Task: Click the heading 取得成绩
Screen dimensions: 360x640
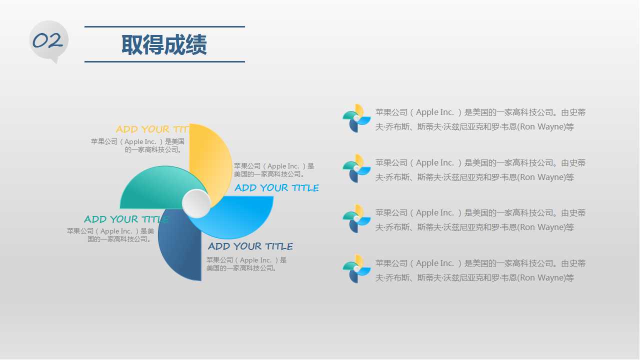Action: click(x=164, y=44)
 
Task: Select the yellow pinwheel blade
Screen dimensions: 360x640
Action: click(x=209, y=155)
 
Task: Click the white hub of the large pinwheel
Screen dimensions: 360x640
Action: click(x=196, y=203)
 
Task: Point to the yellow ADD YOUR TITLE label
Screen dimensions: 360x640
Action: click(x=152, y=129)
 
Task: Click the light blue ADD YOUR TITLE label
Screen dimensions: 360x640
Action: click(x=276, y=188)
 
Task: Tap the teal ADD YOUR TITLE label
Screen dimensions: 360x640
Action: click(x=126, y=219)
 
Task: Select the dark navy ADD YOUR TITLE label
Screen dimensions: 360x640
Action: click(x=250, y=246)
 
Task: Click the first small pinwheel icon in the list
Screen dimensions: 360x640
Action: click(x=356, y=118)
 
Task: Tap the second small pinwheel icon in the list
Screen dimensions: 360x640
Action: click(x=356, y=168)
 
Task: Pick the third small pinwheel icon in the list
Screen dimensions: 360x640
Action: click(x=356, y=218)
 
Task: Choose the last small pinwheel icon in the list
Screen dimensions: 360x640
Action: click(x=356, y=269)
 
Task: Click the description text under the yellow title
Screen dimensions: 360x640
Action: click(x=138, y=145)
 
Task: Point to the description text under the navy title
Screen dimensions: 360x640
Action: click(x=246, y=264)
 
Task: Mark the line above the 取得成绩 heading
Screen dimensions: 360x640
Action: click(x=164, y=26)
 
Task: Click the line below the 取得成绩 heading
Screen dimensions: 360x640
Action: click(x=164, y=61)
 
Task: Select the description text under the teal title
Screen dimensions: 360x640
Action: click(x=110, y=235)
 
